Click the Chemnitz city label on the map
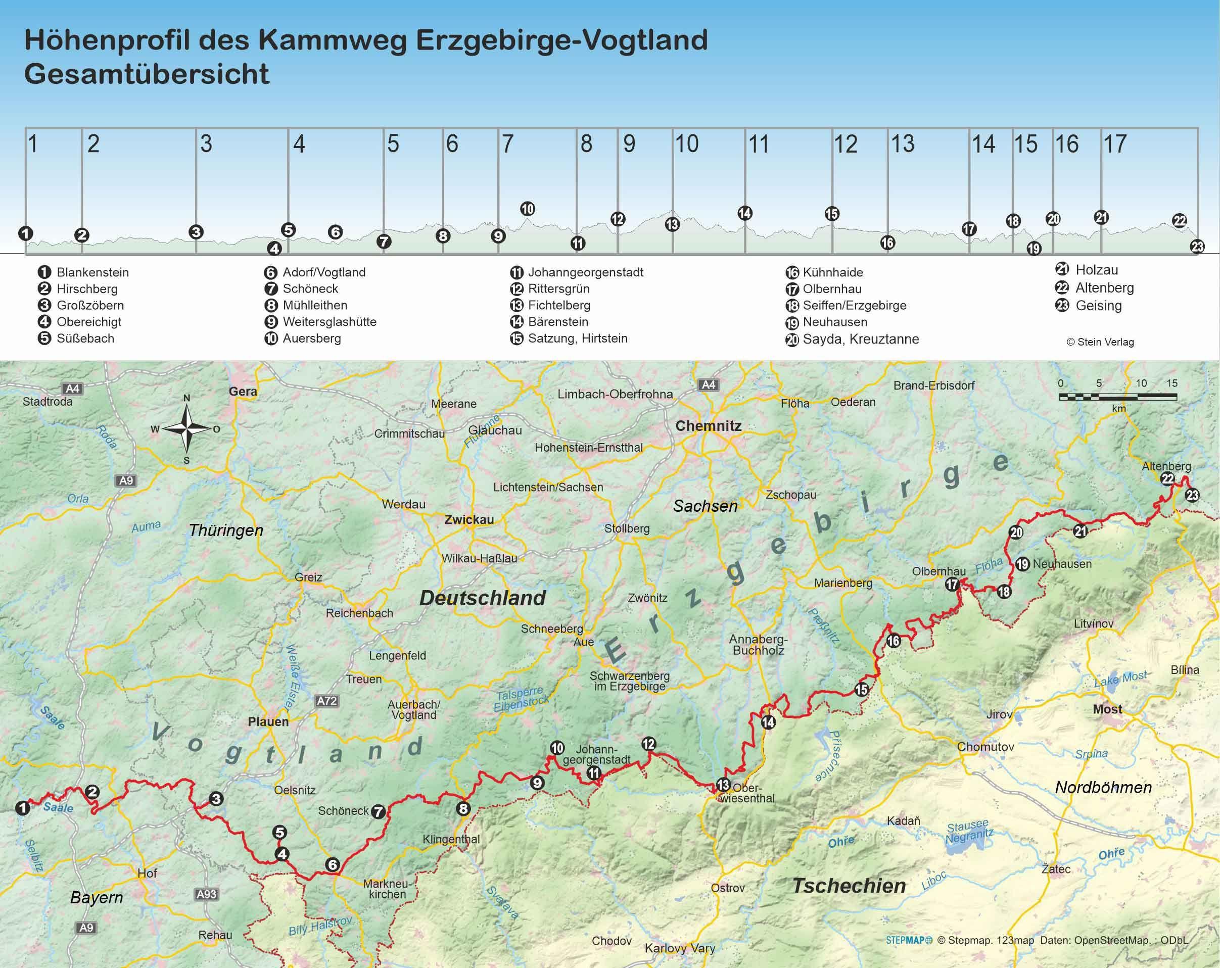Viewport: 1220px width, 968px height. point(708,426)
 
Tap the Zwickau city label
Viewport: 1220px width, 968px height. point(468,519)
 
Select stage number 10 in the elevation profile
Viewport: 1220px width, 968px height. point(686,144)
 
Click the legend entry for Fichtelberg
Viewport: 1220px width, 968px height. point(558,306)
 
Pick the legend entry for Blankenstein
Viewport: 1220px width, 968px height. point(92,273)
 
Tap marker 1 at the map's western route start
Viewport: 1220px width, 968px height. point(23,807)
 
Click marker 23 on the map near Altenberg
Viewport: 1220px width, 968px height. point(1192,496)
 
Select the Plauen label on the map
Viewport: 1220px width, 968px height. point(268,722)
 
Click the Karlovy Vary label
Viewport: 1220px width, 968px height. point(680,948)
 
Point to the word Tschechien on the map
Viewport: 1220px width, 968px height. point(849,886)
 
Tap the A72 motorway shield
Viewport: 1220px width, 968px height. point(326,701)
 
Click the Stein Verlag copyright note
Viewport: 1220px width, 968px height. point(1100,342)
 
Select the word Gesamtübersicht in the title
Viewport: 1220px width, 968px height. point(147,74)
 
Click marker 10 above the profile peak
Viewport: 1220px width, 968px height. point(527,209)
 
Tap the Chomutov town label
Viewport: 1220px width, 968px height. point(985,747)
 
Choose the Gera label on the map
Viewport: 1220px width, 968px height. point(243,391)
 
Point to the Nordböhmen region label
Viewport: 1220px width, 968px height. point(1103,787)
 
